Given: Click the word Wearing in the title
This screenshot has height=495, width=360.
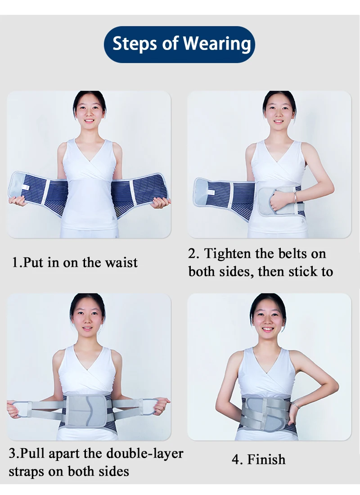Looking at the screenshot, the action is (217, 44).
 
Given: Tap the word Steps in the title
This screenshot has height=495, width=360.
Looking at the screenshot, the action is (135, 44).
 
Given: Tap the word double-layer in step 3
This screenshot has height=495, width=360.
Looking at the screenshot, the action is (144, 453).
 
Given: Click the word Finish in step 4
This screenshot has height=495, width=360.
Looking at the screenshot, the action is (266, 459).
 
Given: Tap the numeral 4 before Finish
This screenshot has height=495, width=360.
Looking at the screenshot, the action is (235, 459).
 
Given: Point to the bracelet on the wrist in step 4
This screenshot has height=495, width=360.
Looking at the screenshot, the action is (295, 405).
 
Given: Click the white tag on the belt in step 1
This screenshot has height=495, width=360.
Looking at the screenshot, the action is (26, 188).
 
